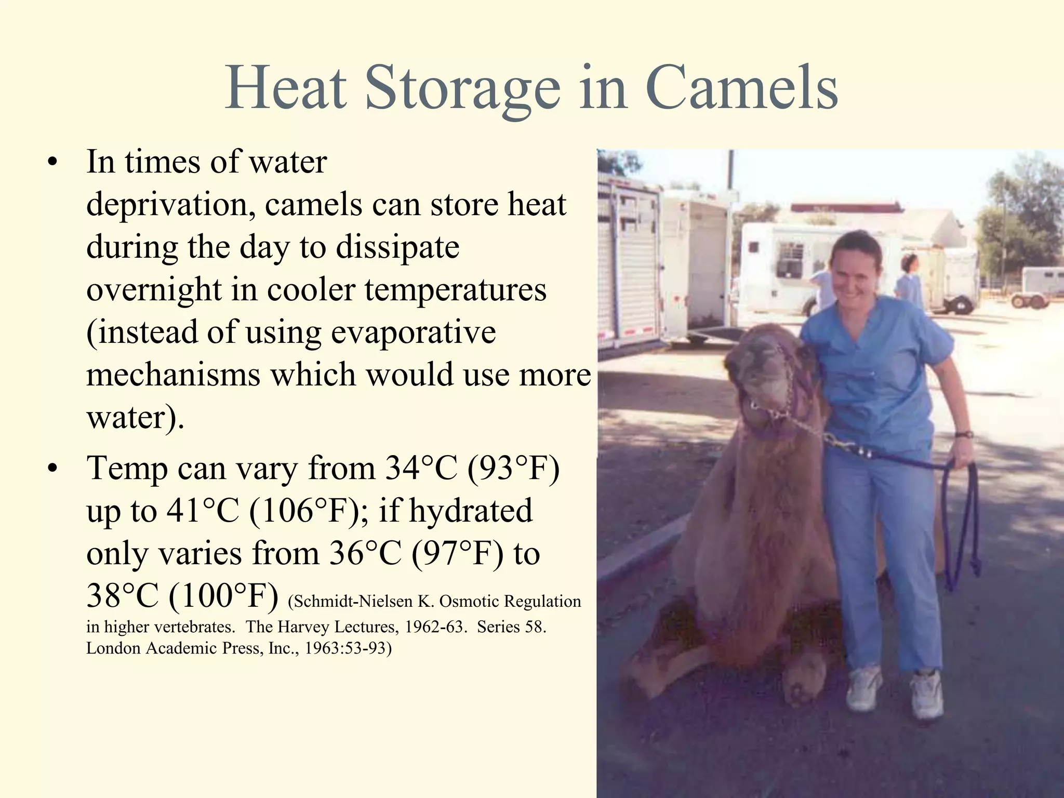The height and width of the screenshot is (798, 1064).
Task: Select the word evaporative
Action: pyautogui.click(x=413, y=332)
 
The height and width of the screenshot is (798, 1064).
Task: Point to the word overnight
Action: pyautogui.click(x=153, y=290)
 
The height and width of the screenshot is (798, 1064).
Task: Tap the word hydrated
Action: pyautogui.click(x=471, y=511)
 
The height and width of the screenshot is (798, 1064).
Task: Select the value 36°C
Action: pyautogui.click(x=366, y=553)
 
